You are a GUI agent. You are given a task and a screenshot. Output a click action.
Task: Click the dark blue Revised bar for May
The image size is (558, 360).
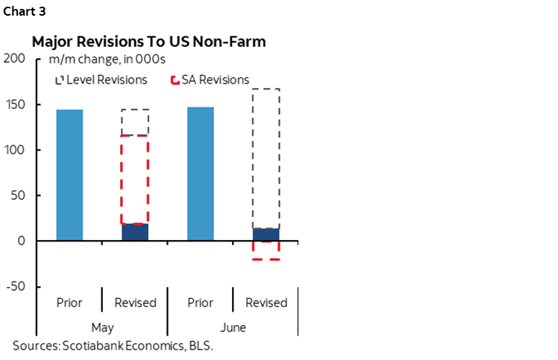coord(135,233)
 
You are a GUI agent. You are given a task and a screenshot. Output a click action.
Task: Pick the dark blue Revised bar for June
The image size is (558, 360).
coord(266,235)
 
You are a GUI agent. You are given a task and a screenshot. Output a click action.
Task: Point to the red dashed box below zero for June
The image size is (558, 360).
coord(266,250)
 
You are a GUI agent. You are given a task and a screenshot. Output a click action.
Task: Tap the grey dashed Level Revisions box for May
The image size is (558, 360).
coord(135,122)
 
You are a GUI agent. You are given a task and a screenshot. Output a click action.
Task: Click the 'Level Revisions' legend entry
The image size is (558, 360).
coord(101,80)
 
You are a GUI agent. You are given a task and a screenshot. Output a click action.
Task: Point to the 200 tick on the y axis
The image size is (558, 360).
coord(15,59)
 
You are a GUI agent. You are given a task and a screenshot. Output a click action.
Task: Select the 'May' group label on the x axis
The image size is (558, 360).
coord(102,327)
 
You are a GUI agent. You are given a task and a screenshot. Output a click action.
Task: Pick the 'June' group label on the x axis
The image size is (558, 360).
coord(233,327)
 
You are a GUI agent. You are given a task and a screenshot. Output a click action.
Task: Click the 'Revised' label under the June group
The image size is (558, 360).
coord(266,303)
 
